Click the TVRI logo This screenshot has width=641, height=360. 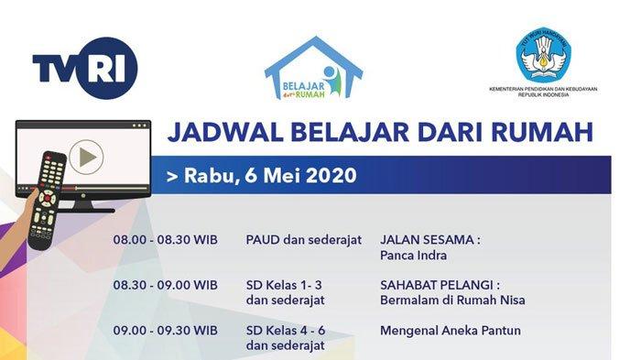tap(85, 68)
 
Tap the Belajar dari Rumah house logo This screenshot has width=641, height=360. tap(313, 68)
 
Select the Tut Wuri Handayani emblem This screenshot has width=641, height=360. tap(543, 55)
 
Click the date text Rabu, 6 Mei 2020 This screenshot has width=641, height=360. tap(270, 175)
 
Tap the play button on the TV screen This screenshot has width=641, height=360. tap(86, 157)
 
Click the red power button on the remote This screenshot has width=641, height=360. tap(49, 157)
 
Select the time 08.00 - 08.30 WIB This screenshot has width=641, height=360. tap(165, 240)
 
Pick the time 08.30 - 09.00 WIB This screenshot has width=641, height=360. tap(165, 285)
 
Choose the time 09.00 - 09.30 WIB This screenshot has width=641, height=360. tap(165, 331)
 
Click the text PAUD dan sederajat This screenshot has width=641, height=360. tap(304, 240)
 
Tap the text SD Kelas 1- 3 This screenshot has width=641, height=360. tap(284, 285)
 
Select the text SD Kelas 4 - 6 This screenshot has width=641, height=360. tap(286, 331)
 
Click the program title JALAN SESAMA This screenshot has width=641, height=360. tap(427, 240)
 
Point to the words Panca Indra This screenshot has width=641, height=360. tap(413, 256)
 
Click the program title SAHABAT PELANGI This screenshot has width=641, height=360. tap(437, 285)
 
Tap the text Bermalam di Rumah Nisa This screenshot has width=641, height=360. tap(452, 300)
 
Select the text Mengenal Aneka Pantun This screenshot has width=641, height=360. tap(451, 331)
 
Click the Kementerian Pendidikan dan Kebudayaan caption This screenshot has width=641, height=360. tap(543, 92)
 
